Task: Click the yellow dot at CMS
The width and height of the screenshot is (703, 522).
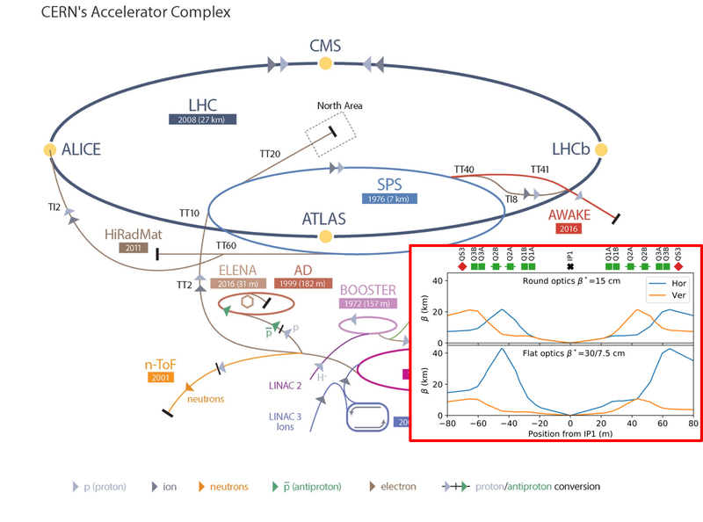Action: click(x=325, y=63)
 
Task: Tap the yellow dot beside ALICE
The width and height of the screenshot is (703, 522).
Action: click(x=50, y=149)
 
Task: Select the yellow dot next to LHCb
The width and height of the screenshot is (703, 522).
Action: click(x=601, y=149)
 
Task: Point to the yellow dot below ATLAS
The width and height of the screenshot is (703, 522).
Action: click(x=325, y=236)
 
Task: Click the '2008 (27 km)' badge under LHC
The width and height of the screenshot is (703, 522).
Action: click(x=203, y=120)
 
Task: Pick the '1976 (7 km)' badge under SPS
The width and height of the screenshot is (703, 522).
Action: click(x=389, y=199)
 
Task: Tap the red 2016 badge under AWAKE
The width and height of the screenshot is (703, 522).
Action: click(x=569, y=228)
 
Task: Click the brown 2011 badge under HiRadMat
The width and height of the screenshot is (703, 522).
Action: click(x=134, y=248)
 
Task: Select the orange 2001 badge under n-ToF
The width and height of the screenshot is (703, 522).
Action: click(x=161, y=377)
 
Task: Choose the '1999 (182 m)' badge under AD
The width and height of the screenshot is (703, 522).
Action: click(x=302, y=284)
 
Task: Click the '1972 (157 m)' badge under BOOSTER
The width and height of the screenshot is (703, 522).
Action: click(x=367, y=303)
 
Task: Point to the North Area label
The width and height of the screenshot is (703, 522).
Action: click(x=340, y=105)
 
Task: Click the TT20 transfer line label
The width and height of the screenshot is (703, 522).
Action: click(x=270, y=154)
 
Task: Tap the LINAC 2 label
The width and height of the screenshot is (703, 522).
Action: click(x=285, y=386)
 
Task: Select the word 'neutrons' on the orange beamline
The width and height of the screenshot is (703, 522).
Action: click(x=206, y=399)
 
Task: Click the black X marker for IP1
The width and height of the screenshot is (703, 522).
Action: click(x=570, y=267)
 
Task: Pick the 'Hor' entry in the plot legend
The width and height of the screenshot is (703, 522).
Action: click(x=678, y=284)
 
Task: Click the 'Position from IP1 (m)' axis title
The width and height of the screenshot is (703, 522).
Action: click(x=570, y=433)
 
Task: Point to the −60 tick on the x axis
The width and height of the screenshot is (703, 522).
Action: click(x=478, y=424)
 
